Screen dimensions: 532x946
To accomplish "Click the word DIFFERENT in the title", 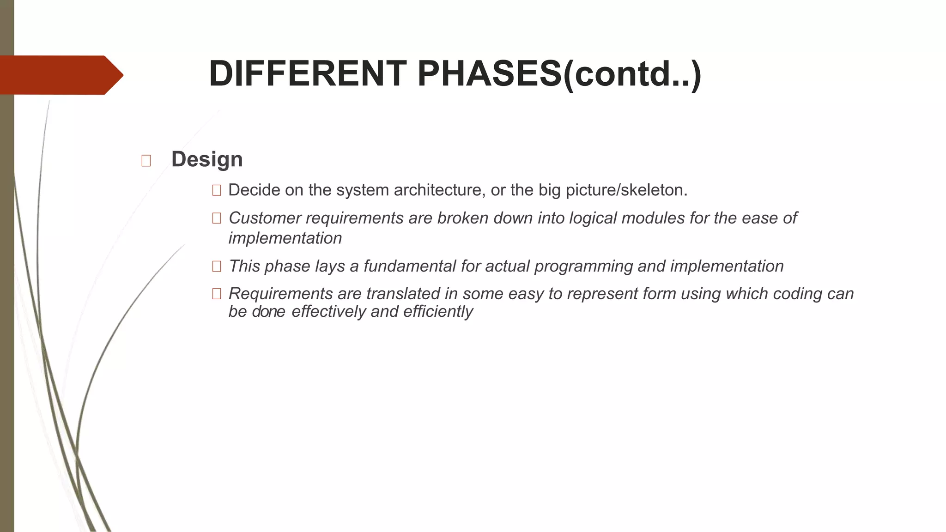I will coord(308,74).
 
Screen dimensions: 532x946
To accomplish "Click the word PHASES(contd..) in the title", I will coord(559,74).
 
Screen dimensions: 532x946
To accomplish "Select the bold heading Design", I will coord(207,159).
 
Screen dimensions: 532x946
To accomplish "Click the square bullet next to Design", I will coord(146,161).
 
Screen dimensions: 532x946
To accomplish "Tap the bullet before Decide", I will coord(216,190).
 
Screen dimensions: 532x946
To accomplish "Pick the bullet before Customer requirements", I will coord(216,218).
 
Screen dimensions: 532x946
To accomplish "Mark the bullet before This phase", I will coord(216,266).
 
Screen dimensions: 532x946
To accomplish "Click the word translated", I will coord(403,294).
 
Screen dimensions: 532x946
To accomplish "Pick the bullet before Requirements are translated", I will coord(216,294).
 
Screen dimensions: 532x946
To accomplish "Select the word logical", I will coord(593,218).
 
